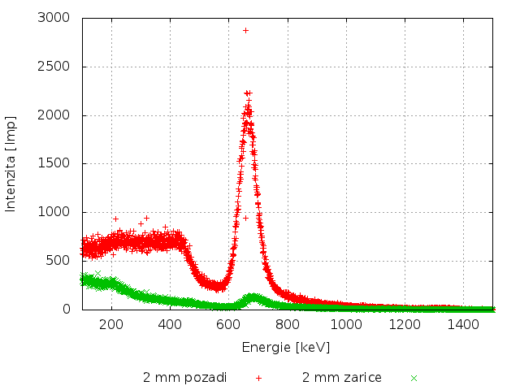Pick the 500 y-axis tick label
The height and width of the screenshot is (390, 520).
[x=58, y=261]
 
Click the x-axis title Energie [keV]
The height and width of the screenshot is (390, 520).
[x=286, y=347]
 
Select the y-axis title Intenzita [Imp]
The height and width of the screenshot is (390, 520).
[x=11, y=163]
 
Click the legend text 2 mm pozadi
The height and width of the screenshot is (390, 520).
[x=184, y=378]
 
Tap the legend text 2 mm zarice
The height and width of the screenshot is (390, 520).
[x=342, y=378]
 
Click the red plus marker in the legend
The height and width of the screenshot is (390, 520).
[x=258, y=378]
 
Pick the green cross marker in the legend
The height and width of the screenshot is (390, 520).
[x=414, y=378]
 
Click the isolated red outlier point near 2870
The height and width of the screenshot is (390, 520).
[x=245, y=30]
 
